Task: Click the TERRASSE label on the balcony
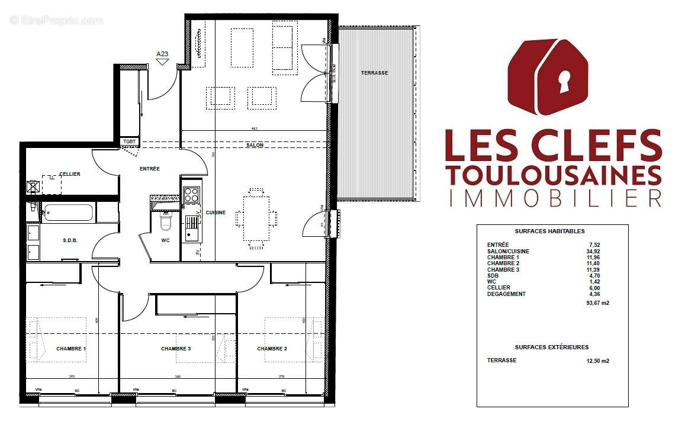pos(374,73)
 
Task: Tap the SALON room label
pos(255,145)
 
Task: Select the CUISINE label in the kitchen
pos(216,213)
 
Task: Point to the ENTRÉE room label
pos(149,169)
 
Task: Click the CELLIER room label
pos(69,174)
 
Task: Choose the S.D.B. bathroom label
pos(70,240)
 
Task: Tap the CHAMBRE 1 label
pos(71,349)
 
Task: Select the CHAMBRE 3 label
pos(176,349)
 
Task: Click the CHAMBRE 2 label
pos(272,349)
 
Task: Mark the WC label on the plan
pos(166,241)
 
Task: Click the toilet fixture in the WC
pos(166,221)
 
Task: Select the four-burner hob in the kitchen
pos(191,194)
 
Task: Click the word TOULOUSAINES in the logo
pos(553,175)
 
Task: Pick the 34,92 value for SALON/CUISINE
pos(593,251)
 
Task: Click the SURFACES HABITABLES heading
pos(551,231)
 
